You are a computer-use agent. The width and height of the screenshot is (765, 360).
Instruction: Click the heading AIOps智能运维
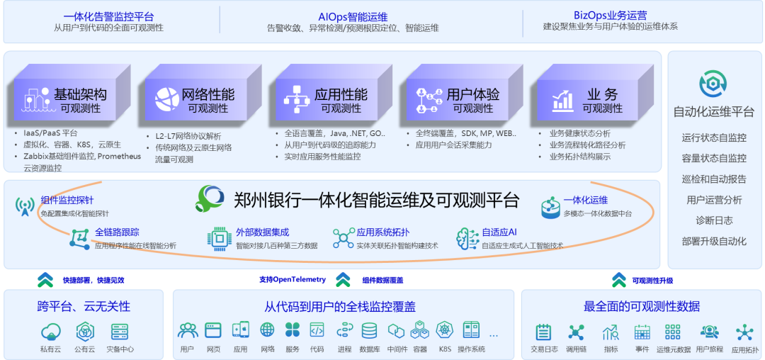(353, 17)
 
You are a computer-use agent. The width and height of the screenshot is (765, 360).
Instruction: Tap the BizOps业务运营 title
(611, 15)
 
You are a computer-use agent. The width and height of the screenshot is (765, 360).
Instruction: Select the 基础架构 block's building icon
(36, 101)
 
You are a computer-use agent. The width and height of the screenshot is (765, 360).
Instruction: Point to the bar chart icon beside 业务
(562, 101)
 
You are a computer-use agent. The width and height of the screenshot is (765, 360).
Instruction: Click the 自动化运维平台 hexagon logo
(713, 84)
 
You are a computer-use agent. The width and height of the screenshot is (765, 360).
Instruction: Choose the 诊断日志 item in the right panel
(714, 220)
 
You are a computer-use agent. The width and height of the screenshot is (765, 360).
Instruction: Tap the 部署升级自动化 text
(714, 241)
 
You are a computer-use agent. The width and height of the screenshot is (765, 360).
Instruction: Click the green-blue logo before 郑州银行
(210, 198)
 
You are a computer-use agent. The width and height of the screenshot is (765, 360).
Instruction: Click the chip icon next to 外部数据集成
(219, 238)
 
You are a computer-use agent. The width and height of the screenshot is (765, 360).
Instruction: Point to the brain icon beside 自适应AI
(467, 238)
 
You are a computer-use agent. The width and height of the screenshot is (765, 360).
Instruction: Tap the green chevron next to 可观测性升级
(618, 280)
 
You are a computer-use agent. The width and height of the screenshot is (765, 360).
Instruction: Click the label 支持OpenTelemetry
(293, 279)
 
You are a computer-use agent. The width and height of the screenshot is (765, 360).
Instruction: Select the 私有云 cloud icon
(51, 332)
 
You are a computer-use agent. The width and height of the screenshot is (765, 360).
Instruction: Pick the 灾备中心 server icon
(120, 332)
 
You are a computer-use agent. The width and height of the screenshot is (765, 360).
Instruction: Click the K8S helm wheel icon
(444, 331)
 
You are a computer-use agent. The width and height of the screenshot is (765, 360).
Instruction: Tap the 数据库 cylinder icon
(369, 331)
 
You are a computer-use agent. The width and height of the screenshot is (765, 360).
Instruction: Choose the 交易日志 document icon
(543, 332)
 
